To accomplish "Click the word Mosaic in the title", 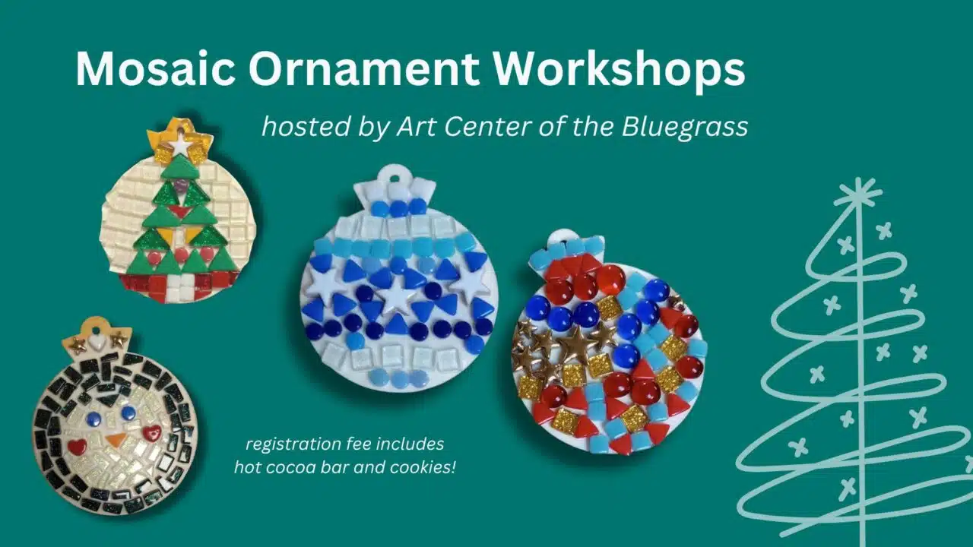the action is (x=156, y=69).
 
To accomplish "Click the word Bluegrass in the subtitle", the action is (x=685, y=127).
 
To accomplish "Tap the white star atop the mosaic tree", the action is (x=181, y=145).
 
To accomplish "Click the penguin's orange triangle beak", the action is (x=115, y=440).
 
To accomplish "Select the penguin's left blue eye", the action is (x=94, y=419).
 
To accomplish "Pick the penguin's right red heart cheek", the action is (x=152, y=432).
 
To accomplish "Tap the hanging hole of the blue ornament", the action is (x=395, y=178).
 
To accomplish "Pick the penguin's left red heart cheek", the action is (x=77, y=447).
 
